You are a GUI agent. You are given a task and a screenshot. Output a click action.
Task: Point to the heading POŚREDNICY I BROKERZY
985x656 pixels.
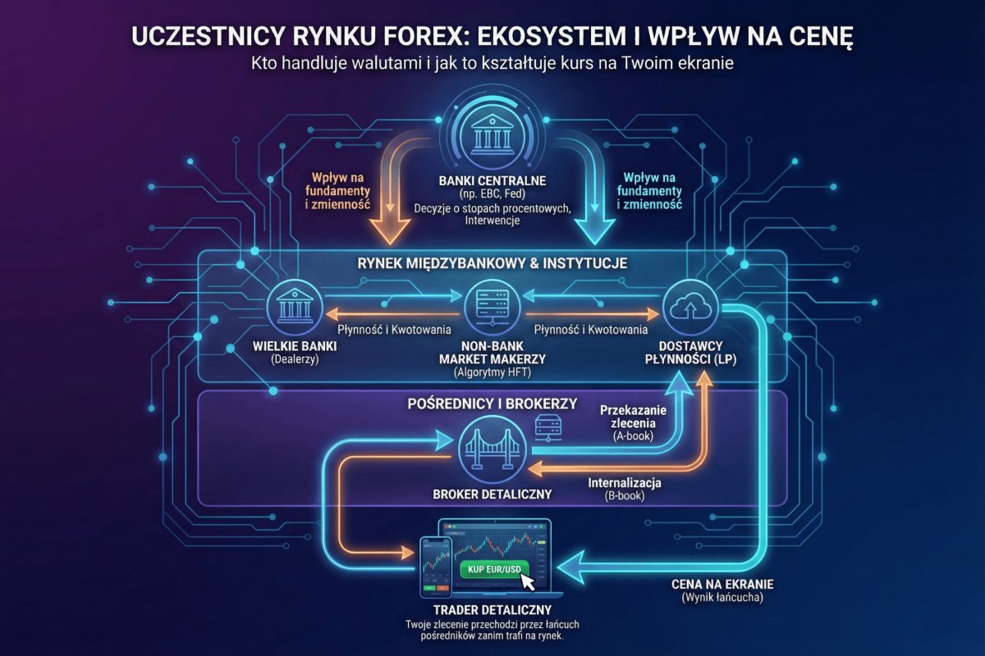point(492,404)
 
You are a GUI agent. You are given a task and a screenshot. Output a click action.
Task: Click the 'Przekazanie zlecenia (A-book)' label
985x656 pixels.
point(633,421)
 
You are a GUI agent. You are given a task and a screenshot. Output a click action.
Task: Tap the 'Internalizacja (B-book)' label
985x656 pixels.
point(624,489)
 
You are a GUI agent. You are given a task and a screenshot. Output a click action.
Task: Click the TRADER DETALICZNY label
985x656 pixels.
point(492,610)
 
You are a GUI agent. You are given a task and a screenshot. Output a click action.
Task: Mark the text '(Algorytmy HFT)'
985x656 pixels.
point(492,373)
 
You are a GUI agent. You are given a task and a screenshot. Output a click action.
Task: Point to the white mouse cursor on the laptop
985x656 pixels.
point(526,581)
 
